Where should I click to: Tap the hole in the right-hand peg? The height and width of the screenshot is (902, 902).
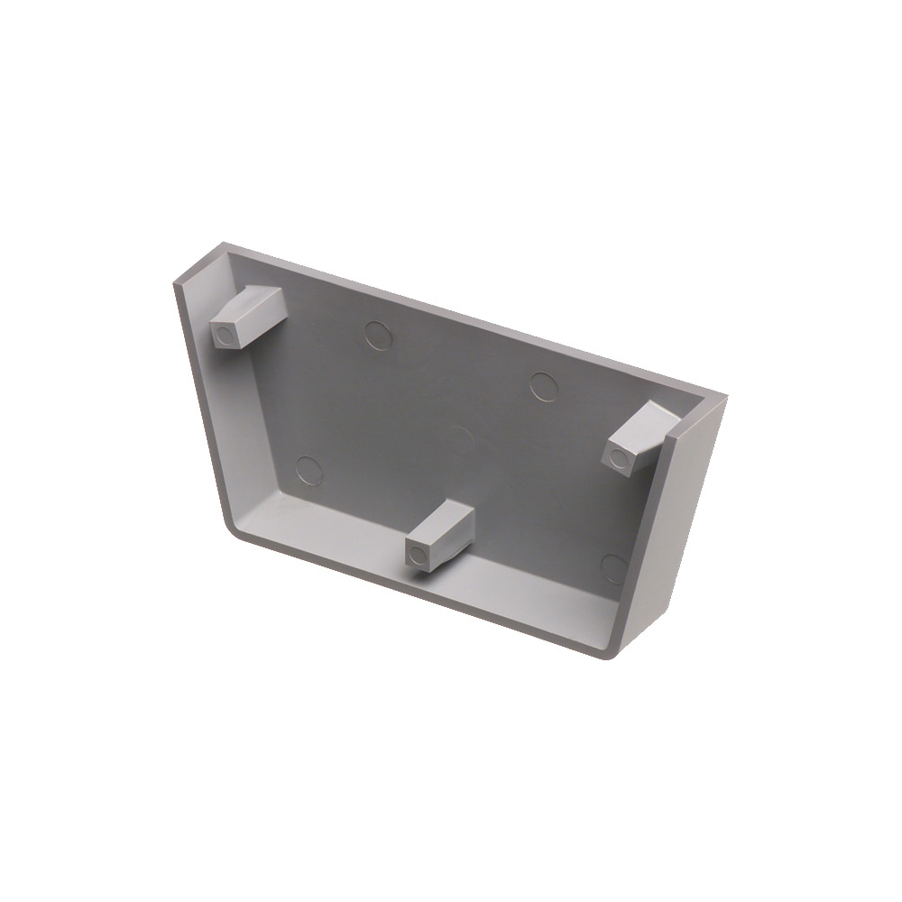click(619, 458)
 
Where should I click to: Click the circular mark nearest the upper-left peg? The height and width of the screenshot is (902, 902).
click(379, 335)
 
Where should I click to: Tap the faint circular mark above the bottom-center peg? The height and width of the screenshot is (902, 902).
click(461, 440)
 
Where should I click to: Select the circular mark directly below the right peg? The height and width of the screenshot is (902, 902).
click(614, 567)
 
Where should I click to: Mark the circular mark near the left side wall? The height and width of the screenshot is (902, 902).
click(309, 469)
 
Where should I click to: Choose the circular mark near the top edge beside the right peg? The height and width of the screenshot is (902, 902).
click(544, 386)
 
